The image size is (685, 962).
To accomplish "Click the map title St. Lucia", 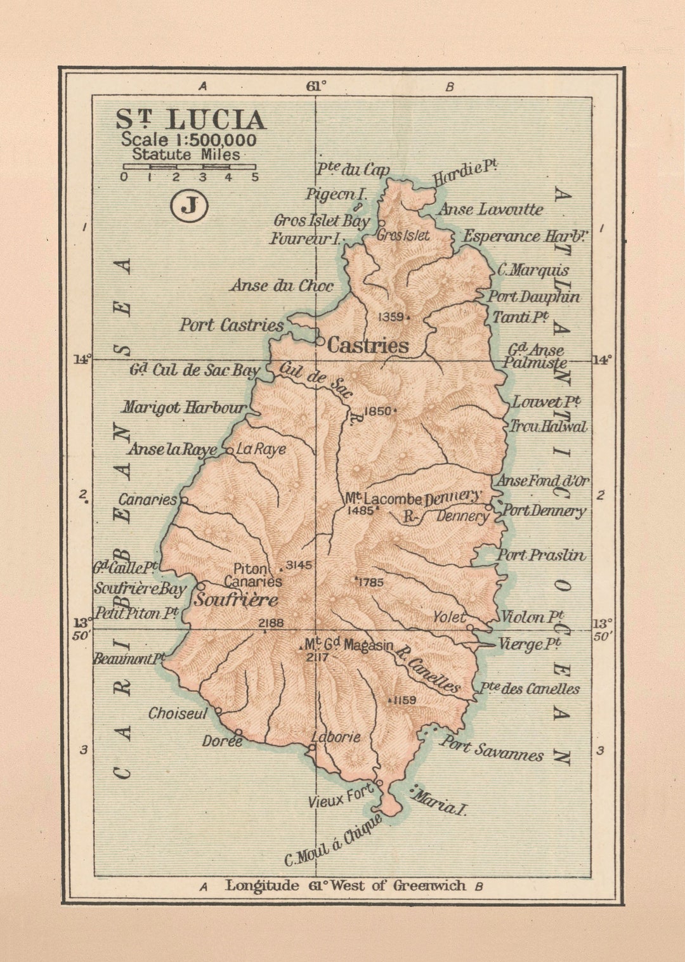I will (190, 120).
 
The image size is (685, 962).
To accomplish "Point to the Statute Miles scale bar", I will (189, 167).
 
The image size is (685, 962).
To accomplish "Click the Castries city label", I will (367, 346).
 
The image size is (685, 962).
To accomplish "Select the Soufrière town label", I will (236, 599).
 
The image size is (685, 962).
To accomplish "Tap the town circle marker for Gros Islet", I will (381, 223).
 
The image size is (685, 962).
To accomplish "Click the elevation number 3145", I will (299, 565).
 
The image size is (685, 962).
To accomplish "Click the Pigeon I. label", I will (336, 194).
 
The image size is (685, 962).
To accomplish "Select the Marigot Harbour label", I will (184, 407).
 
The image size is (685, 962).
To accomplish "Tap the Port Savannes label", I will (492, 748).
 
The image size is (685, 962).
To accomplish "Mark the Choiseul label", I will (178, 713).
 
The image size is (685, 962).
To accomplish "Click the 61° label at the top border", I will (316, 86).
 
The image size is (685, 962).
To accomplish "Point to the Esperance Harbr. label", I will (525, 237).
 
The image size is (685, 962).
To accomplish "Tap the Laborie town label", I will (336, 737).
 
